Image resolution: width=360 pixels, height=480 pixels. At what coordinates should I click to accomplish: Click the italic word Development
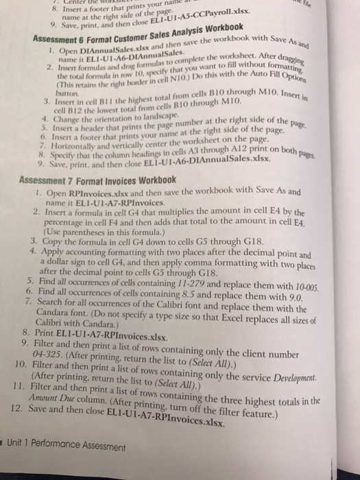coord(313,379)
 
